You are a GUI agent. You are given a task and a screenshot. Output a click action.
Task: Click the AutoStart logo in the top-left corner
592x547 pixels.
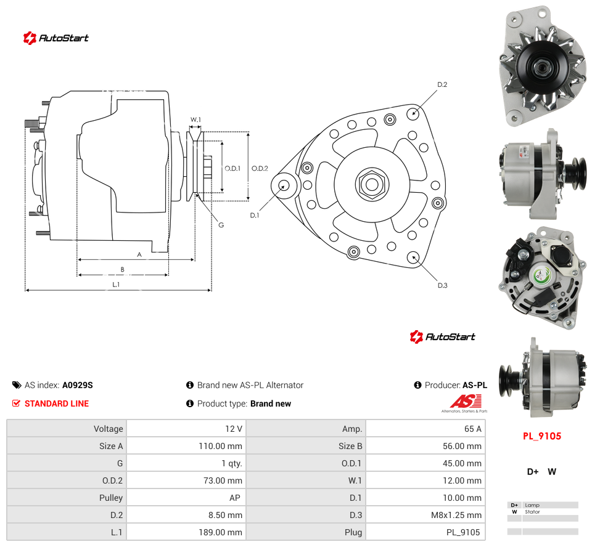[55, 38]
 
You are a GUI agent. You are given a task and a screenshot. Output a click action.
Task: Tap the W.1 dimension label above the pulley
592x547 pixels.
[195, 120]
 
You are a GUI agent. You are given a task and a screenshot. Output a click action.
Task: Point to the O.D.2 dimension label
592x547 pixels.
[260, 168]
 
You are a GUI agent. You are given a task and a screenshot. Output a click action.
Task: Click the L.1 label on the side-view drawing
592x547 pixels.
[116, 285]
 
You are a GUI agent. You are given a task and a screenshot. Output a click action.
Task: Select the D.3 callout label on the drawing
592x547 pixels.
[443, 285]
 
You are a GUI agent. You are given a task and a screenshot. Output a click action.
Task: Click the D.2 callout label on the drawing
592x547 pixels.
[442, 84]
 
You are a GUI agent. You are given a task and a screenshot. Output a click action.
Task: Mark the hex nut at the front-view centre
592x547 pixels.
[372, 184]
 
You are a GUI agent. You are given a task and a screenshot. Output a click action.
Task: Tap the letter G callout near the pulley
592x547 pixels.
[221, 225]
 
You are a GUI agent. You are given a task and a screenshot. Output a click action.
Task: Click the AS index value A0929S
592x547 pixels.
[78, 385]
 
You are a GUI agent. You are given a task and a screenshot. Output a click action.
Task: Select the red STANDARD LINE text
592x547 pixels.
[57, 403]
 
